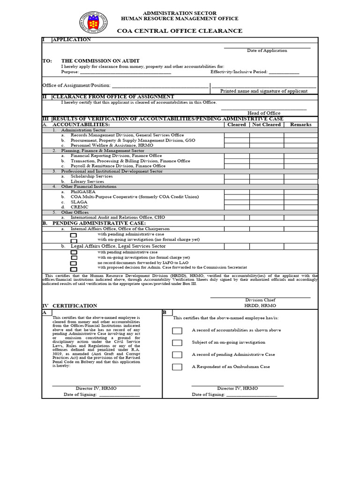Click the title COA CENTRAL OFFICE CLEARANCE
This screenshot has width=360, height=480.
tap(180, 31)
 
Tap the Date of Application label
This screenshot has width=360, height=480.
tap(267, 51)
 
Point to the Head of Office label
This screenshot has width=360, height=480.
tap(264, 113)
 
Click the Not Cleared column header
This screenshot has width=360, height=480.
tap(266, 125)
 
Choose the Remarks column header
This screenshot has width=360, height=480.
tap(300, 125)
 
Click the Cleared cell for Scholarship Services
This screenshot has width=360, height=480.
tap(236, 176)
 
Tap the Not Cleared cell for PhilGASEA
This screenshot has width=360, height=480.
tap(266, 192)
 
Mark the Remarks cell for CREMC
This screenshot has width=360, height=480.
tap(300, 207)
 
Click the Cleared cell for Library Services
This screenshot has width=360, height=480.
tap(236, 181)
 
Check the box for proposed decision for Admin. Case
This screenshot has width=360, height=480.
tap(74, 269)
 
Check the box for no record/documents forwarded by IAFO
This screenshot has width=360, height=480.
tap(74, 263)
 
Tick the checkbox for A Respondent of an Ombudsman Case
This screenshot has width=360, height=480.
tap(177, 367)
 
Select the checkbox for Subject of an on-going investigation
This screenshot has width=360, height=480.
tap(177, 343)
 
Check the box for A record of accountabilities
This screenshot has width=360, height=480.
tap(177, 330)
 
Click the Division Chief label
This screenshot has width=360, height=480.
tap(260, 300)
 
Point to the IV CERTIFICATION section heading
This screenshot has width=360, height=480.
tap(70, 306)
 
